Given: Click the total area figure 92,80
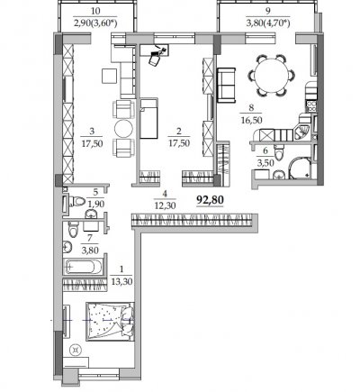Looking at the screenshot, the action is point(210,199).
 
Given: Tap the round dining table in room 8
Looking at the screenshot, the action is point(271,75).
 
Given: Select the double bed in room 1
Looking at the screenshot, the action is point(110,322).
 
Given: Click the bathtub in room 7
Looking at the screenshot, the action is point(84,267).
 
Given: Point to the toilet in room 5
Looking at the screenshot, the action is point(77,201).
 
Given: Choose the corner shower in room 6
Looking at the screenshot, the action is point(301,169).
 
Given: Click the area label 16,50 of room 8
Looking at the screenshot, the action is point(251,120).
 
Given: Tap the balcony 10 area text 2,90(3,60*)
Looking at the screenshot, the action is point(95,23).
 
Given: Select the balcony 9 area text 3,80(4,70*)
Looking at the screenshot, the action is point(268,23).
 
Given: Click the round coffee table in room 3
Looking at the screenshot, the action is point(123,129).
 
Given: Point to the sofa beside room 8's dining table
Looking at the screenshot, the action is point(226,86).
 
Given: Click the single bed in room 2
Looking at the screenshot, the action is point(148,118).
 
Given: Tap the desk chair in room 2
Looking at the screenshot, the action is point(155,59).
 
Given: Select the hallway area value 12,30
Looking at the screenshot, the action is point(165,205).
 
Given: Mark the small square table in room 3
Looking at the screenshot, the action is point(109,76).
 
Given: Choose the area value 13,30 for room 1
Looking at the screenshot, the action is point(121,282).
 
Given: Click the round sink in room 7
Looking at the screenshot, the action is point(67,248).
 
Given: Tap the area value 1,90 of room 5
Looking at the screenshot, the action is point(95,205).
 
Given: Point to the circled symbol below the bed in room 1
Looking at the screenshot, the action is point(75,351).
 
